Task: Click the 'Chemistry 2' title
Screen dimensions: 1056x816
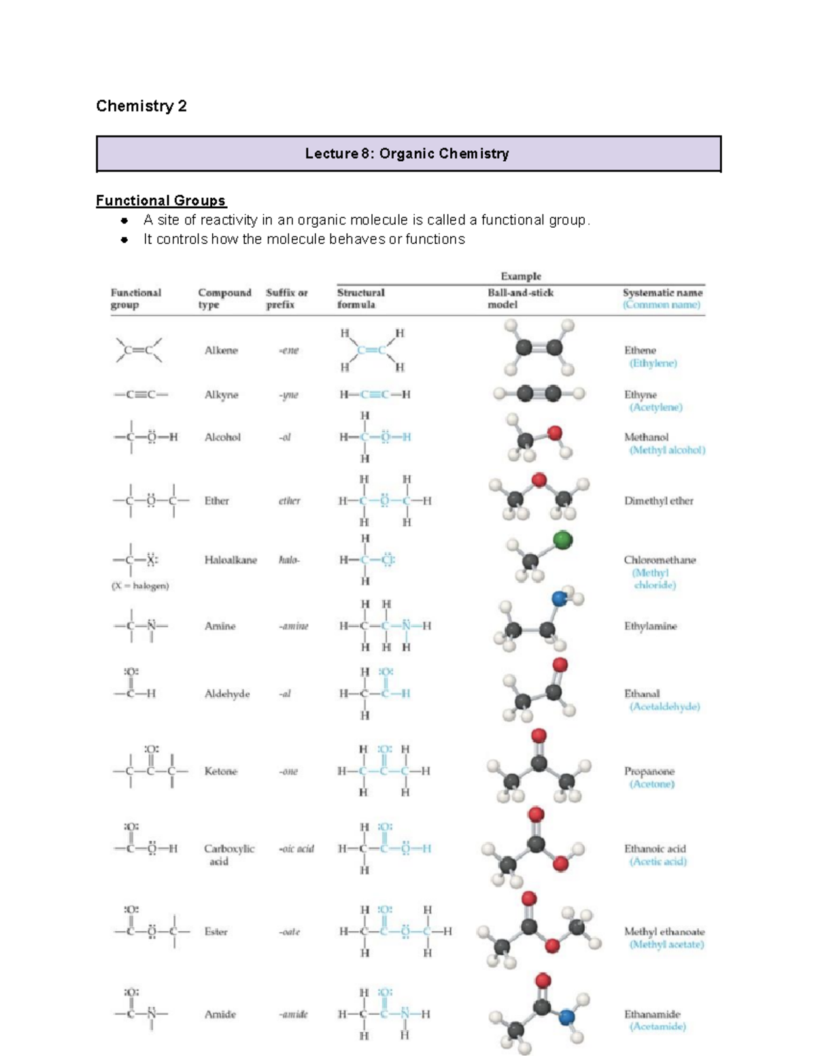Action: click(x=141, y=106)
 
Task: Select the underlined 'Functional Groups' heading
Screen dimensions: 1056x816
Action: click(x=161, y=201)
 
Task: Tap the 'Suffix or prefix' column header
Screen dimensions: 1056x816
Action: click(x=286, y=299)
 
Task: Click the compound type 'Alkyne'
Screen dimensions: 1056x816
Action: click(x=221, y=394)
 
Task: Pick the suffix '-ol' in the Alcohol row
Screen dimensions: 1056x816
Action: click(x=285, y=437)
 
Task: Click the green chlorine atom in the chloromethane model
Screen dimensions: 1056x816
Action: click(x=562, y=541)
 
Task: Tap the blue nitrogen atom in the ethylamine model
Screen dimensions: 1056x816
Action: click(x=560, y=599)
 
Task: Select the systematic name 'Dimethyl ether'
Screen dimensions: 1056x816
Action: click(x=658, y=500)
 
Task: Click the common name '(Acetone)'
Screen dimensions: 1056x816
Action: click(x=651, y=784)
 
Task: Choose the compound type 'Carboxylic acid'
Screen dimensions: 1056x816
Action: click(x=228, y=855)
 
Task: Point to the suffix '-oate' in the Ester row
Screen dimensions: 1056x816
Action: click(x=290, y=932)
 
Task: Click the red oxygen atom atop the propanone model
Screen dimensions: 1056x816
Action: click(x=539, y=735)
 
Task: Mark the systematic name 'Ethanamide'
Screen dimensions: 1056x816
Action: click(x=652, y=1014)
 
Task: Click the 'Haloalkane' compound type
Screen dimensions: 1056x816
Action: click(x=231, y=560)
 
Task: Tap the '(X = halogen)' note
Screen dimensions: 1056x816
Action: click(x=140, y=585)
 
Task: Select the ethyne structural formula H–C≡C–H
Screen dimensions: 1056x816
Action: click(x=375, y=394)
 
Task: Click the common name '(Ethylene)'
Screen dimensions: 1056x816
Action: click(x=653, y=363)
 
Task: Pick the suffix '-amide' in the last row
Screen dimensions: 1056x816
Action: click(x=293, y=1014)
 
